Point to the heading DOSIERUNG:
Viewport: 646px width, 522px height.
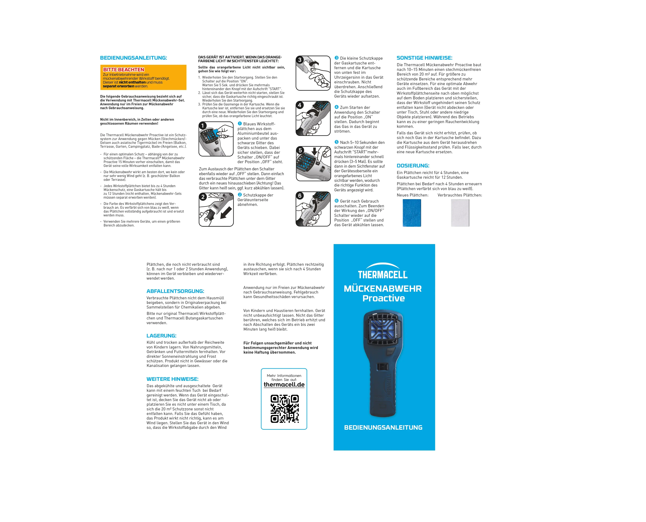click(413, 166)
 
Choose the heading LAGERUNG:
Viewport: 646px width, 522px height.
click(161, 336)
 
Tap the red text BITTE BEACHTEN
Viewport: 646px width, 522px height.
click(124, 70)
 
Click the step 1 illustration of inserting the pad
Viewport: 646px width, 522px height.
click(216, 139)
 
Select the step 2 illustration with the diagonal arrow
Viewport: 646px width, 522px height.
click(216, 210)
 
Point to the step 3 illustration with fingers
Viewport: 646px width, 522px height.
click(313, 73)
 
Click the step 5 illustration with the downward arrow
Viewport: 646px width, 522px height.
click(313, 164)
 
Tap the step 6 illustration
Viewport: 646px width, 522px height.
click(313, 209)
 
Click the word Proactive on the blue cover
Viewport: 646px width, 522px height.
click(384, 298)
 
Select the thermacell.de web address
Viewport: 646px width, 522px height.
click(284, 385)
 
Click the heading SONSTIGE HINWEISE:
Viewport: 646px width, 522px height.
click(424, 58)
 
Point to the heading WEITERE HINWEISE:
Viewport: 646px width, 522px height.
click(172, 379)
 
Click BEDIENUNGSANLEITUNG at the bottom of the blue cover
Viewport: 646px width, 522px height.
click(383, 427)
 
